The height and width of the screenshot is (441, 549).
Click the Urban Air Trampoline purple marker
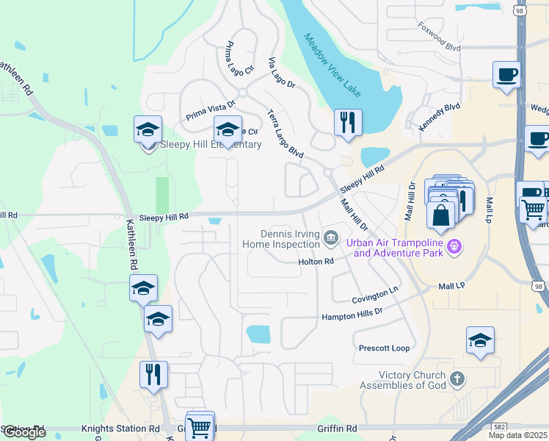[454, 246]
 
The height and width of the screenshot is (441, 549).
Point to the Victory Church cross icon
[457, 379]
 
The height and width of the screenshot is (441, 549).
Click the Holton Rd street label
[316, 261]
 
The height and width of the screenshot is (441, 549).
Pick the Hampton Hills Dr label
[352, 314]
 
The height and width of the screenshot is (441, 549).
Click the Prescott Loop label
[384, 348]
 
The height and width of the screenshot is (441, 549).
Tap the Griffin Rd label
[338, 429]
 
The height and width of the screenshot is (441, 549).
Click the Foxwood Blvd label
[439, 37]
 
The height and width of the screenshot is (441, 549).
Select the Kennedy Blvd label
[439, 118]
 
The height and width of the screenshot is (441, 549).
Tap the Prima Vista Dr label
[210, 108]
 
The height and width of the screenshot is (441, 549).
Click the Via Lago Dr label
[281, 73]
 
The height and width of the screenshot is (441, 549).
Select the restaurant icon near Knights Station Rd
[153, 374]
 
